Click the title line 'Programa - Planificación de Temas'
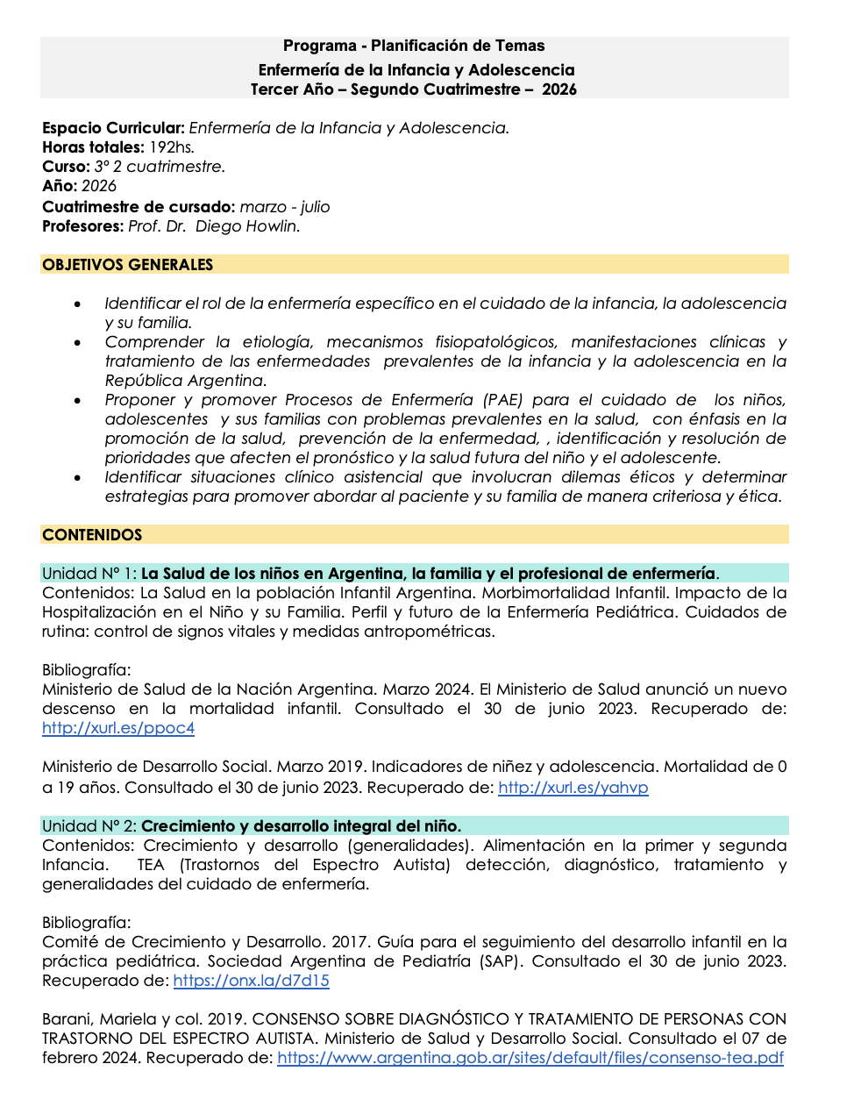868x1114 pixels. (x=414, y=46)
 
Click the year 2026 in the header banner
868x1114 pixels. (x=559, y=89)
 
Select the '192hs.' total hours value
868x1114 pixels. (x=171, y=147)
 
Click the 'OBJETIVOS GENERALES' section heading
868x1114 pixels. (x=128, y=265)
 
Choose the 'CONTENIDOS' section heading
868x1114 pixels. (x=92, y=535)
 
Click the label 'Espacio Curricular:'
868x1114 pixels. (x=113, y=128)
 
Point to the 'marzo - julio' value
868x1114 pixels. (x=285, y=207)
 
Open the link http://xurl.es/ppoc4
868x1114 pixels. (x=118, y=728)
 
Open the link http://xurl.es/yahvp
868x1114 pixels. (x=573, y=788)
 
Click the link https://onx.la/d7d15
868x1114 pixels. (x=252, y=981)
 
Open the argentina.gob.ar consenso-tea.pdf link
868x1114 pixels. (x=530, y=1058)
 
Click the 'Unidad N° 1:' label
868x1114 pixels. (x=89, y=574)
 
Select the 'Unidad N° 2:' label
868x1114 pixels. (x=89, y=826)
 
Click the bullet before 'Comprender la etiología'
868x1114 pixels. (x=78, y=343)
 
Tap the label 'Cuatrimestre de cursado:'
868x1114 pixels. (x=139, y=207)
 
